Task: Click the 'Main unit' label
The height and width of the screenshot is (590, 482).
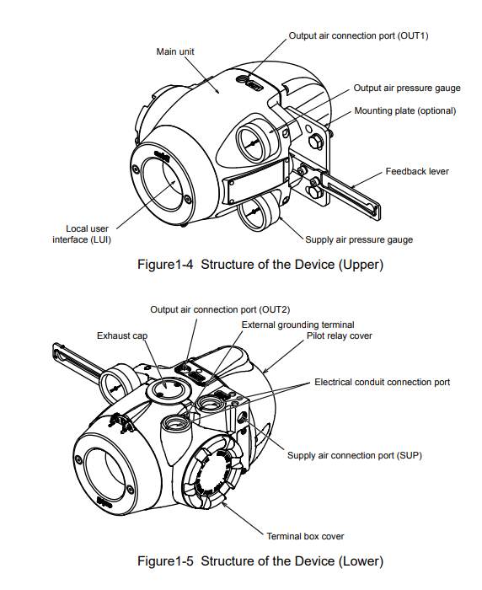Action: click(x=175, y=51)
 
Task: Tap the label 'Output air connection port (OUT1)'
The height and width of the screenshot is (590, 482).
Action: click(x=359, y=35)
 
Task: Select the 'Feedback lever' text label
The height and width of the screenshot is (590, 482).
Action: click(x=417, y=172)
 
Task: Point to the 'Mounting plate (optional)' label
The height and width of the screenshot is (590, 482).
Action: click(x=405, y=110)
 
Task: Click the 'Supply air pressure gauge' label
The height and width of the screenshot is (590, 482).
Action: click(x=359, y=239)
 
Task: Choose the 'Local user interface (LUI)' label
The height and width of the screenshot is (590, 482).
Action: click(x=82, y=234)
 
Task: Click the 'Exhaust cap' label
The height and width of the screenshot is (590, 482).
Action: click(x=122, y=335)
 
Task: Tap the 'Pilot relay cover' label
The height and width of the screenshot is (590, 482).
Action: click(x=340, y=335)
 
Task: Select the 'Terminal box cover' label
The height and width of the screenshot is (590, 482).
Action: click(x=305, y=536)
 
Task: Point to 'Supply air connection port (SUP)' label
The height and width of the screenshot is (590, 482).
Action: click(x=355, y=455)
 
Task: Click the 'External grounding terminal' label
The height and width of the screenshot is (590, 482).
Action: click(x=297, y=324)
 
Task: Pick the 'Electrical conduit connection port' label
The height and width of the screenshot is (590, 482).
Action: click(x=383, y=383)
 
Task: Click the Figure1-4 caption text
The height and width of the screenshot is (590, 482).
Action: click(x=260, y=264)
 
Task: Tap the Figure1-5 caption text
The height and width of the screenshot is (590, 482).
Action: click(x=260, y=561)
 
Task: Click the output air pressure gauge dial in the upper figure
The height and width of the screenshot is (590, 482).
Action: click(x=252, y=142)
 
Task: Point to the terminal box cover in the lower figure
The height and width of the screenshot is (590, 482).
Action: click(x=212, y=475)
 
